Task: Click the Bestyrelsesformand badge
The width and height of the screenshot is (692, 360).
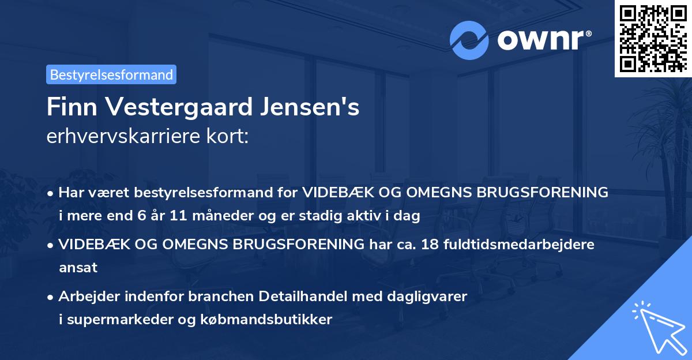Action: tap(111, 74)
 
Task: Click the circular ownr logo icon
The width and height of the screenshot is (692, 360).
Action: tap(469, 40)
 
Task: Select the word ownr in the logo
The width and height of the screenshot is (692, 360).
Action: tap(542, 40)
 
